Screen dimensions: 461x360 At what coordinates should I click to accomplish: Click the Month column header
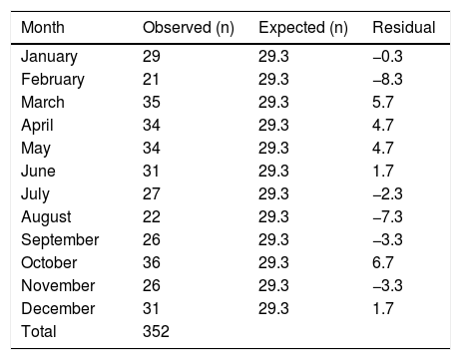click(x=43, y=27)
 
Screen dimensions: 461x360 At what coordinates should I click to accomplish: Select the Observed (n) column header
click(x=189, y=28)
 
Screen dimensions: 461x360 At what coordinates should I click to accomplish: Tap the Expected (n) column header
click(x=303, y=28)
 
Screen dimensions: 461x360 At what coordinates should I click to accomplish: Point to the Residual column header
click(x=404, y=27)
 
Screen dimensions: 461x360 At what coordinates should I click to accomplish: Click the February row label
click(x=53, y=80)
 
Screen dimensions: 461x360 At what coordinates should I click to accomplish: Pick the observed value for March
click(x=152, y=102)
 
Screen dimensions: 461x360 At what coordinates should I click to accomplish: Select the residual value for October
click(x=383, y=262)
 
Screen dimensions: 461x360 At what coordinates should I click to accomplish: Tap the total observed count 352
click(x=156, y=331)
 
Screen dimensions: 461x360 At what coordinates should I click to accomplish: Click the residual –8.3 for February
click(x=387, y=79)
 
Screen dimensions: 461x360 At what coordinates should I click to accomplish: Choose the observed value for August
click(x=152, y=216)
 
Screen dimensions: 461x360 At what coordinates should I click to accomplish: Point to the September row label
click(x=60, y=240)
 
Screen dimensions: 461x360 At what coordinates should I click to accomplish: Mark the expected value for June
click(x=273, y=171)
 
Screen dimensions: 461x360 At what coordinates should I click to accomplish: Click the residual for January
click(x=387, y=56)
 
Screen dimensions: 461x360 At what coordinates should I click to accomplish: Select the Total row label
click(x=39, y=331)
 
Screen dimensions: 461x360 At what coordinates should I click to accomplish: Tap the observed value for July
click(x=152, y=193)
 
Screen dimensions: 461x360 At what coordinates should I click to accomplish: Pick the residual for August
click(x=387, y=216)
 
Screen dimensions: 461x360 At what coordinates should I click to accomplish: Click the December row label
click(x=58, y=308)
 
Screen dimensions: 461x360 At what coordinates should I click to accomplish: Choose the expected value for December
click(x=273, y=308)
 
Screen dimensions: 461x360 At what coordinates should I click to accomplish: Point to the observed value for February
click(x=151, y=79)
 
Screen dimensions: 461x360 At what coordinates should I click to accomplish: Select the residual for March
click(x=383, y=102)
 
